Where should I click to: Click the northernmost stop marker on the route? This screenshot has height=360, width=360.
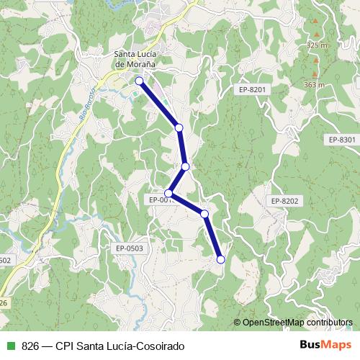pos(139,81)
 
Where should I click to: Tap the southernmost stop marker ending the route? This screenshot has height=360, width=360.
pos(221,259)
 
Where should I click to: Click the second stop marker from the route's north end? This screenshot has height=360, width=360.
pos(179,127)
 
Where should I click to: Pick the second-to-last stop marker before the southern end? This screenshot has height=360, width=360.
pos(204,214)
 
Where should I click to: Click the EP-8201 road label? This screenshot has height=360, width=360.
pos(253,89)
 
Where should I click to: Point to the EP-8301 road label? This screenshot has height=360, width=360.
pos(341,139)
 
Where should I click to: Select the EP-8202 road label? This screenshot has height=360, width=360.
pos(284,201)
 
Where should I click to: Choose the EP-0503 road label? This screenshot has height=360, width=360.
pos(130,248)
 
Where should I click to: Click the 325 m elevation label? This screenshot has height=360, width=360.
pos(317,45)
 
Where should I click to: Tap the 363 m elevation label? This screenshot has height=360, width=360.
pos(315,84)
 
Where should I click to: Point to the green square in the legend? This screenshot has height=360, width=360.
pos(10,346)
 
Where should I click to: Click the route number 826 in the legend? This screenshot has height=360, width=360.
pos(30,346)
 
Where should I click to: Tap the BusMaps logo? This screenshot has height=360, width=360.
pos(325,346)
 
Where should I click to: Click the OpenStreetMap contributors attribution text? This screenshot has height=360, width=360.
pos(297,323)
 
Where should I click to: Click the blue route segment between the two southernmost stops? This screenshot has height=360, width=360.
pos(213,237)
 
